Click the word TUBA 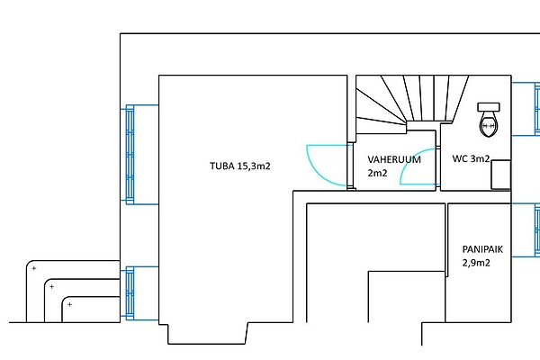[222, 166]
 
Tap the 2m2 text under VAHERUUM [377, 173]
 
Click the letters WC [460, 159]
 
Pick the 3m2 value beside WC [481, 159]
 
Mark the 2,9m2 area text [476, 263]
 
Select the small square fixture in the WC [500, 175]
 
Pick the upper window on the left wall [130, 155]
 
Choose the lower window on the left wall [130, 293]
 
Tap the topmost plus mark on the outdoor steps [33, 268]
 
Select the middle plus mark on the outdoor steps [51, 286]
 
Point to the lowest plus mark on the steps [69, 304]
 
